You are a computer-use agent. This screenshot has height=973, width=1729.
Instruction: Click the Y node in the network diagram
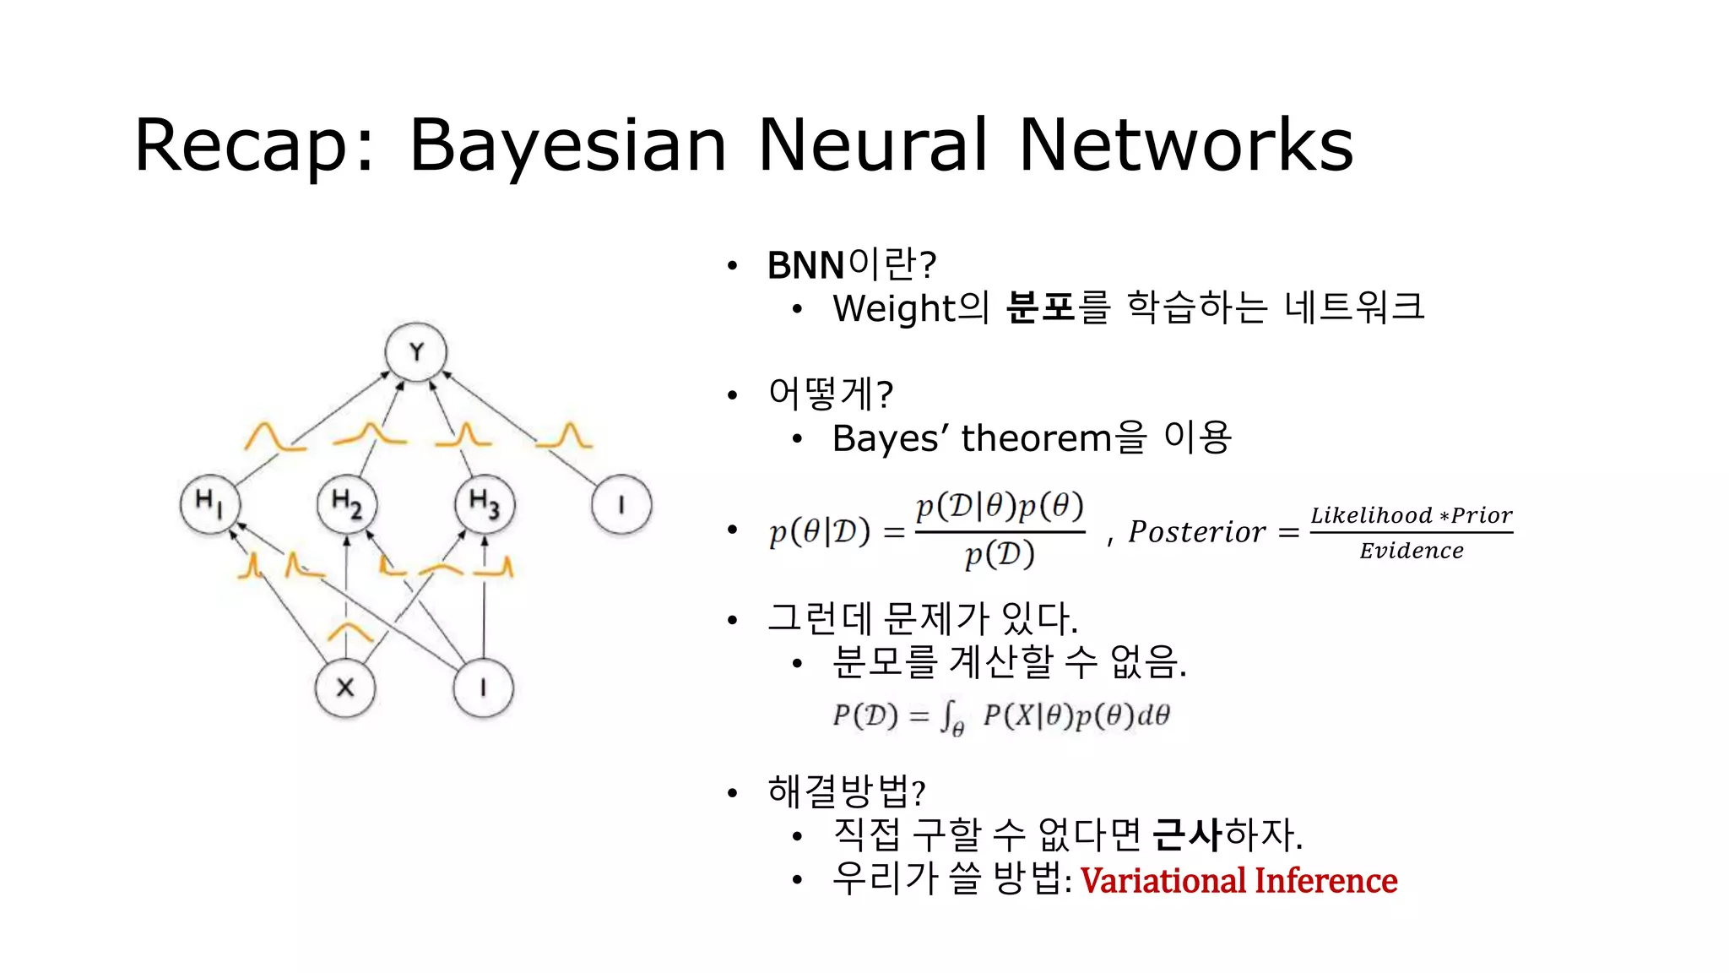[x=415, y=352]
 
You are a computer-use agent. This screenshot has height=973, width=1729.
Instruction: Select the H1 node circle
[x=210, y=504]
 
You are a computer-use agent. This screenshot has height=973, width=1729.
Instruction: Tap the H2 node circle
[x=347, y=504]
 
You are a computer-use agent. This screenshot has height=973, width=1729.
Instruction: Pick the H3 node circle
[x=485, y=504]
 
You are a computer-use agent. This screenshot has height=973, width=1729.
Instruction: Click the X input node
[x=345, y=688]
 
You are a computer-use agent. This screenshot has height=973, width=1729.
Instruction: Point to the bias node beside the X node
[x=483, y=688]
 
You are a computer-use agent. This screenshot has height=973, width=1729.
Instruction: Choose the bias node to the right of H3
[x=621, y=504]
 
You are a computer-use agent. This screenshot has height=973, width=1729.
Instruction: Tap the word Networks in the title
[x=1186, y=145]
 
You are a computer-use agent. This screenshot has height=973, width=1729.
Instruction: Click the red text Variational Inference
[x=1238, y=880]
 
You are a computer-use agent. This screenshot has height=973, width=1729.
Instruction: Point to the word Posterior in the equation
[x=1197, y=532]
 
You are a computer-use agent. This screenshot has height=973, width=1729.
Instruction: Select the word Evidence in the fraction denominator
[x=1412, y=552]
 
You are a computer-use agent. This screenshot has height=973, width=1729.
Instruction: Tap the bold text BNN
[x=805, y=265]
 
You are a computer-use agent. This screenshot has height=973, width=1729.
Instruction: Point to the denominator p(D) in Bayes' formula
[x=1000, y=555]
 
